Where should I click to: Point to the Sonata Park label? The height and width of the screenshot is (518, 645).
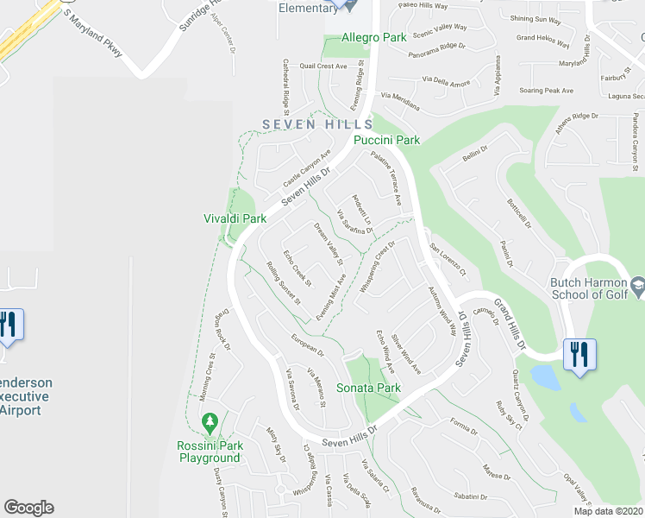(x=368, y=388)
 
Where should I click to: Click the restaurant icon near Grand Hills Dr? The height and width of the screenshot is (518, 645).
(x=579, y=355)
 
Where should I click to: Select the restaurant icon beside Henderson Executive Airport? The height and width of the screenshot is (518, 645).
(x=9, y=326)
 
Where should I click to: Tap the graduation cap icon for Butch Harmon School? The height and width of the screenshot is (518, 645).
(x=637, y=285)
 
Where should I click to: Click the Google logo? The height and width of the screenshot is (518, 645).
(x=28, y=508)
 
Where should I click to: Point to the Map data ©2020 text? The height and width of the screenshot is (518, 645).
(x=608, y=510)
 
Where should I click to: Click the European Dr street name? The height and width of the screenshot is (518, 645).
(x=306, y=346)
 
